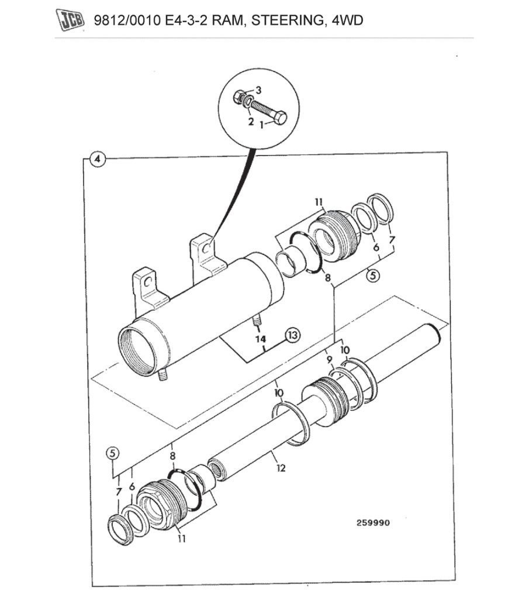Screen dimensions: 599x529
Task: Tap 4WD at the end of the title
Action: (347, 21)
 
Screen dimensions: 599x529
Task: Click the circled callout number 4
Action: (97, 159)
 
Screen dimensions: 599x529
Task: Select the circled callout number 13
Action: (292, 335)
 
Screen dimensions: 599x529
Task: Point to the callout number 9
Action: (329, 359)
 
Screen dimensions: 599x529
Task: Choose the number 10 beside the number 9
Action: (345, 350)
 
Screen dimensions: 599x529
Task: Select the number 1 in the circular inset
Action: (262, 125)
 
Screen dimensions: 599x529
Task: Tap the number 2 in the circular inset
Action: (250, 122)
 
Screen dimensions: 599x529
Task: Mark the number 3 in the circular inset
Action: (258, 90)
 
